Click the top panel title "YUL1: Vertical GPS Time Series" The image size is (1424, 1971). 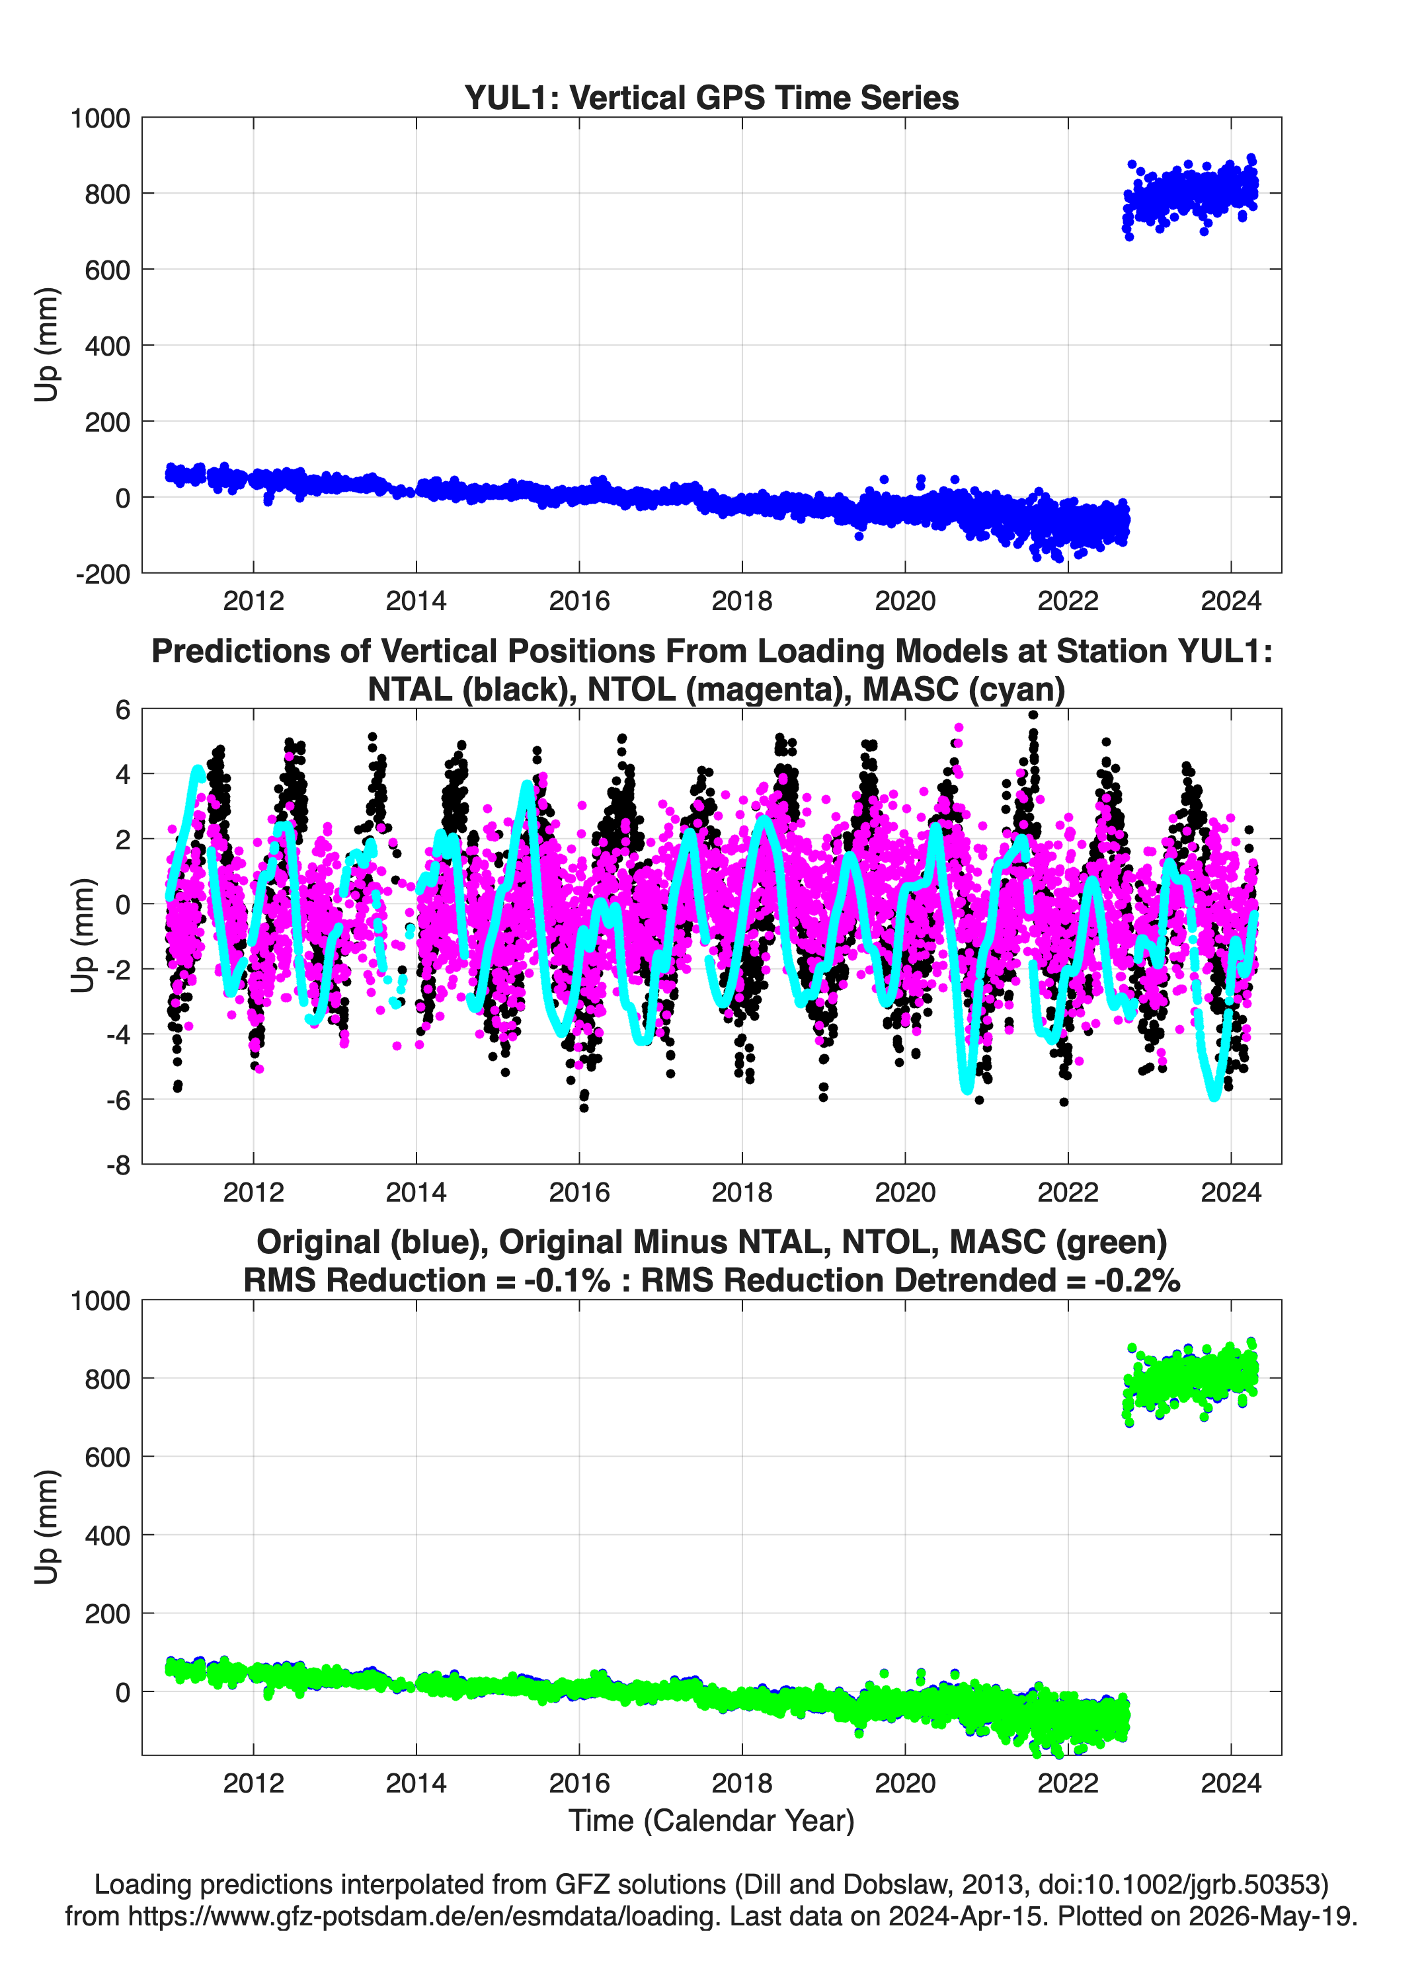pos(711,97)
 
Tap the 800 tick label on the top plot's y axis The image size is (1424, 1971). pos(107,194)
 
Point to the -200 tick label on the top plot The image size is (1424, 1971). pos(102,574)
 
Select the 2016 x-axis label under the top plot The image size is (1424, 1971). pos(579,601)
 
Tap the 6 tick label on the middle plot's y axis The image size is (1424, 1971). pos(122,710)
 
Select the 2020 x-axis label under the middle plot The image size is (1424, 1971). pos(905,1192)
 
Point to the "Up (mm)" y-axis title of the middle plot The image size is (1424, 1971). pos(83,936)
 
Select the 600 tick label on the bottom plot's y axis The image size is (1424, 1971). pos(107,1457)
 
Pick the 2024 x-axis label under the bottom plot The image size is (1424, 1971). pos(1231,1783)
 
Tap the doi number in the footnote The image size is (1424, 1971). pos(1179,1884)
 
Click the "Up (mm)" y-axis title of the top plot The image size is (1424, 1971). pos(46,345)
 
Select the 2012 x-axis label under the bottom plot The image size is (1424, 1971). pos(253,1783)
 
